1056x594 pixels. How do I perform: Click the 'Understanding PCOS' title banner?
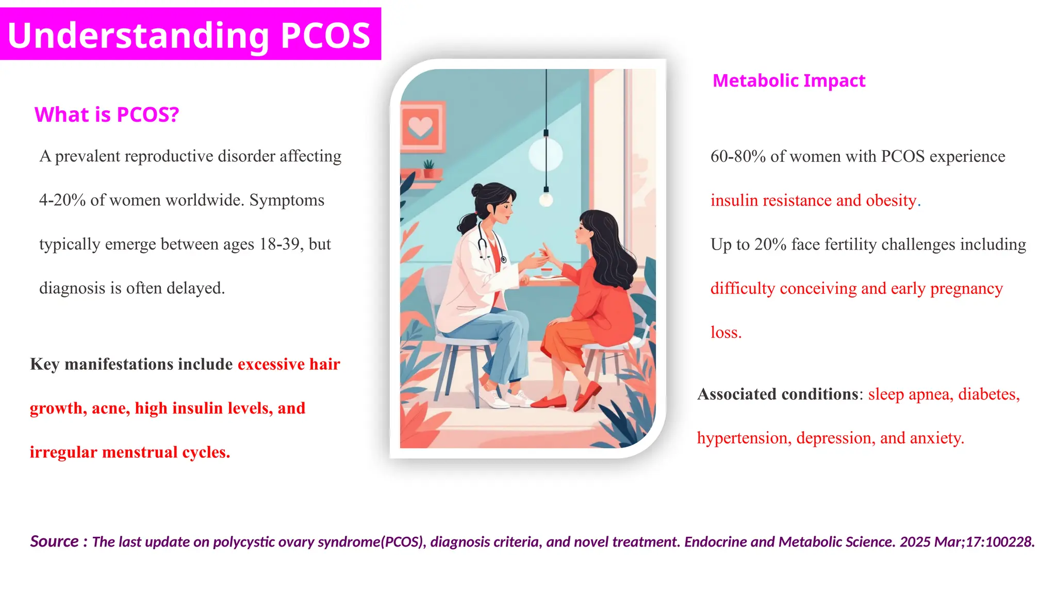coord(190,35)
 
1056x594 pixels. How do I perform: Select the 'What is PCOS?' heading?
coord(106,114)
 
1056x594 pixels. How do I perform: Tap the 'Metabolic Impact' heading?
coord(788,80)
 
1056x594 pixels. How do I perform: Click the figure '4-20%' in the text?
coord(62,200)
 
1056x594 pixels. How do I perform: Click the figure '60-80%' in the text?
coord(738,156)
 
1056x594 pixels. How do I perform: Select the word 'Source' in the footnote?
coord(54,541)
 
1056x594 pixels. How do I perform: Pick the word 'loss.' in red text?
coord(726,332)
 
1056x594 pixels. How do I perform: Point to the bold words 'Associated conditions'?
coord(778,394)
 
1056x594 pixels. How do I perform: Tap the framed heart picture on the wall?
coord(421,126)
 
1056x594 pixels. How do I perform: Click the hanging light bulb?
coord(546,198)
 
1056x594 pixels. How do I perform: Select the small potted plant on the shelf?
coord(428,168)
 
